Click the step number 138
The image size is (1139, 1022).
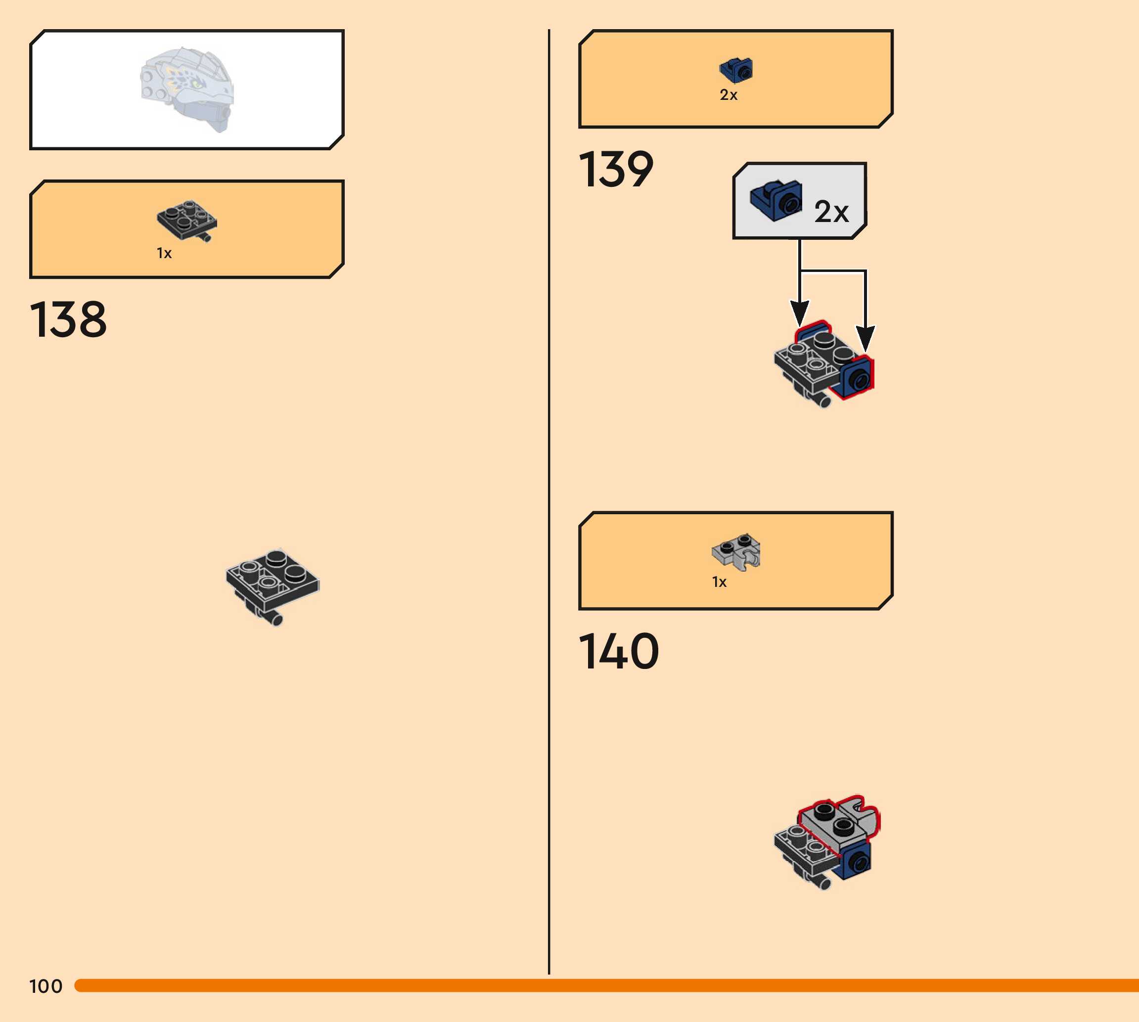(68, 319)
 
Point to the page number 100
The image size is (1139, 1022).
(46, 986)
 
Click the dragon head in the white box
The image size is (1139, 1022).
(187, 89)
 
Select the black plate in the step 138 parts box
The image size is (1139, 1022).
(186, 220)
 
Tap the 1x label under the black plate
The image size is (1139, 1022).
(164, 253)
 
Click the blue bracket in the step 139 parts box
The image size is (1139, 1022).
(736, 70)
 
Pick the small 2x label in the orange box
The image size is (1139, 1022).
(729, 95)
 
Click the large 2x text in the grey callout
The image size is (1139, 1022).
(831, 212)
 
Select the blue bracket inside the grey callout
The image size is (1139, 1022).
(775, 200)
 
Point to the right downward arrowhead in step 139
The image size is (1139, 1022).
(866, 339)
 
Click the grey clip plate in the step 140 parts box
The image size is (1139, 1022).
(736, 551)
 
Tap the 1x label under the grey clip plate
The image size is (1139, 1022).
(719, 582)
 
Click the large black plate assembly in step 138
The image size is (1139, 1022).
(273, 584)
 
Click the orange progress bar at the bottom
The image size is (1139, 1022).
(606, 985)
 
